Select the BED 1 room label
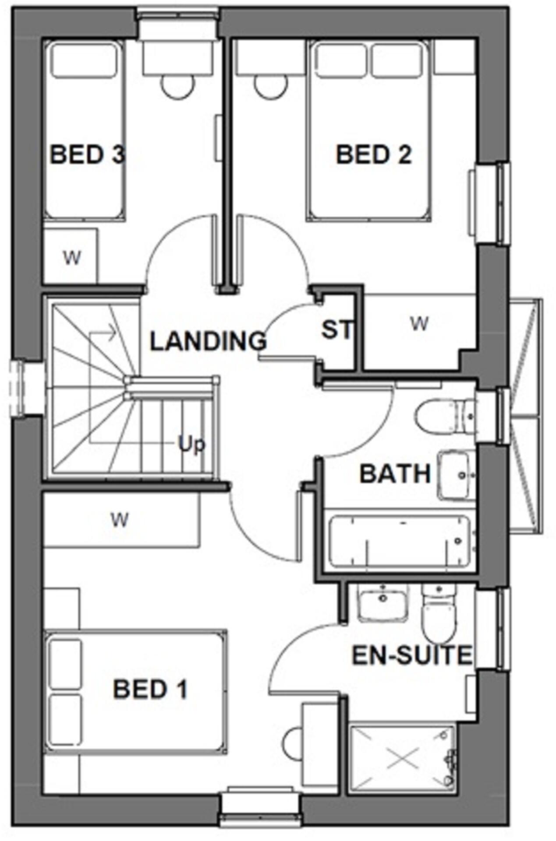coord(150,689)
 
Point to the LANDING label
coord(208,341)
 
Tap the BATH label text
coord(395,474)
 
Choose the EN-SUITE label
coord(412,655)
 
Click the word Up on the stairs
coord(191,444)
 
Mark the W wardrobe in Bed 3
coord(71,258)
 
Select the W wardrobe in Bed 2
coord(419,324)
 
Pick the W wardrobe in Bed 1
coord(120,520)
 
